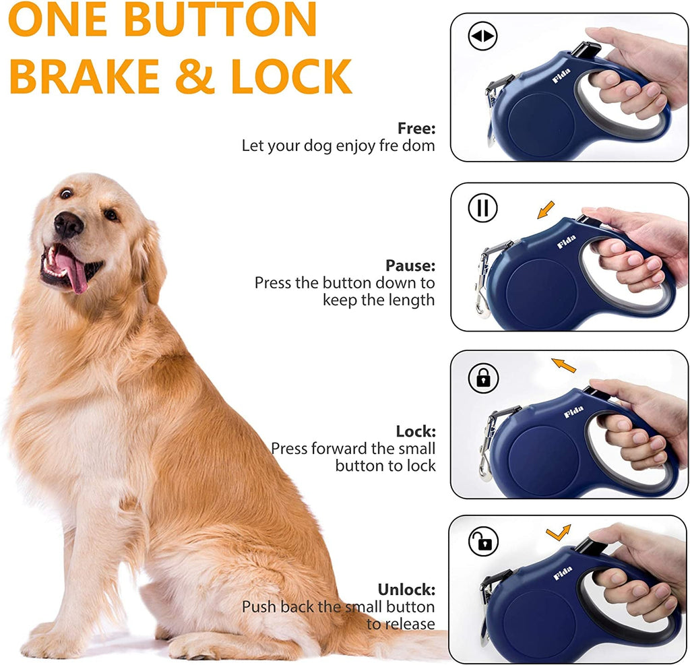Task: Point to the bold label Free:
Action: click(416, 128)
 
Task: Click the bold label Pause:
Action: click(410, 265)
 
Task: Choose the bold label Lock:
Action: click(416, 431)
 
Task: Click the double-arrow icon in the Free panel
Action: click(482, 37)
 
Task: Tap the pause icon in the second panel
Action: click(482, 208)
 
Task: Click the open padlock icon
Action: click(483, 541)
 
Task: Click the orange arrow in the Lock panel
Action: click(564, 365)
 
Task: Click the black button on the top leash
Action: click(586, 49)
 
